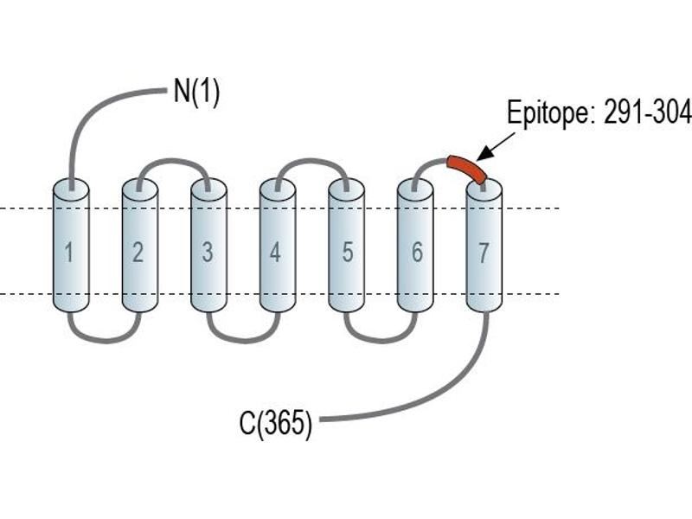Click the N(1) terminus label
pyautogui.click(x=196, y=92)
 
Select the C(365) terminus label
pyautogui.click(x=276, y=423)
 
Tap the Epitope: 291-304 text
pyautogui.click(x=599, y=112)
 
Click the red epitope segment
pyautogui.click(x=467, y=167)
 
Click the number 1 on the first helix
pyautogui.click(x=69, y=253)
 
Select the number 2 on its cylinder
pyautogui.click(x=138, y=253)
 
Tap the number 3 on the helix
pyautogui.click(x=208, y=253)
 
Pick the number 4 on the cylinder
pyautogui.click(x=275, y=253)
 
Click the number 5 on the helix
pyautogui.click(x=348, y=253)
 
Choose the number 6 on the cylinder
pyautogui.click(x=417, y=253)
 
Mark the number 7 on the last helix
pyautogui.click(x=484, y=253)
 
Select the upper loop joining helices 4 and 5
pyautogui.click(x=311, y=161)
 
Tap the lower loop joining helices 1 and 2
pyautogui.click(x=105, y=340)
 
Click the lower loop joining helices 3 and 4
pyautogui.click(x=243, y=340)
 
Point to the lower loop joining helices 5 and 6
pyautogui.click(x=381, y=340)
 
